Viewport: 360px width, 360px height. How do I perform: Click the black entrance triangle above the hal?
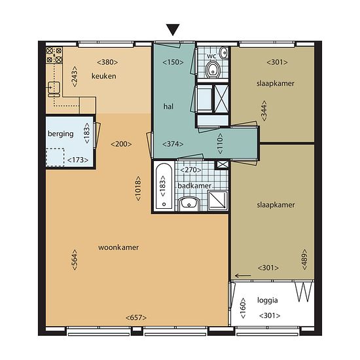(x=173, y=30)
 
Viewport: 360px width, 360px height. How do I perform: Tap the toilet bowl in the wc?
(x=213, y=69)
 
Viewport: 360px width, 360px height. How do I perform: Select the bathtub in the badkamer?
(x=164, y=186)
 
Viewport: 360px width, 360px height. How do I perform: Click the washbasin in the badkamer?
(x=189, y=203)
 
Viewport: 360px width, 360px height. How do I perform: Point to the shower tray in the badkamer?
(x=218, y=200)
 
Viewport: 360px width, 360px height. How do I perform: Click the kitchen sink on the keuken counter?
(x=54, y=89)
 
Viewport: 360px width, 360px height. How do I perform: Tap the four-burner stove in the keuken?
(x=54, y=55)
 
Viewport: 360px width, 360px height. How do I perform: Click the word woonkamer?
(x=118, y=247)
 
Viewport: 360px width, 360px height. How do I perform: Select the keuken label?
(x=104, y=76)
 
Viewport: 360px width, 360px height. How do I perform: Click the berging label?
(x=61, y=134)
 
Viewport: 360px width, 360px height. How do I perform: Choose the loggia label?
(x=268, y=300)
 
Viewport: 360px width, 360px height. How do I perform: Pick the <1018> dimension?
(x=138, y=189)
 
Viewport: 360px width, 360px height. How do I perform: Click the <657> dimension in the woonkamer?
(x=136, y=317)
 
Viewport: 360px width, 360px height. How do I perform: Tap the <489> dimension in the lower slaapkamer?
(x=304, y=259)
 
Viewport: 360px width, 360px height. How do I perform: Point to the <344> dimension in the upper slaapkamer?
(x=264, y=111)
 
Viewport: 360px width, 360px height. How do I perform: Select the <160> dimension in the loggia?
(x=243, y=308)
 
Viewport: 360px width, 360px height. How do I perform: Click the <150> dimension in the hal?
(x=173, y=62)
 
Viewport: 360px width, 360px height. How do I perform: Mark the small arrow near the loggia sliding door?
(x=243, y=276)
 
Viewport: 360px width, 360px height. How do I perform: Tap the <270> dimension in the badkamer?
(x=190, y=170)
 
